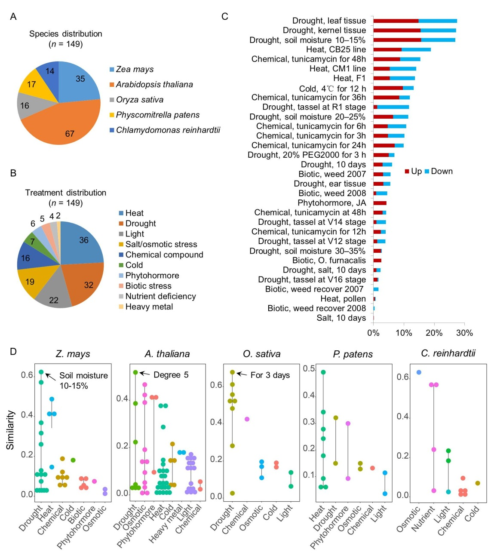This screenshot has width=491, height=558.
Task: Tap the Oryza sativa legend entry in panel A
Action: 140,100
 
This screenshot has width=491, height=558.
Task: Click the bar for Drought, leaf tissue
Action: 415,21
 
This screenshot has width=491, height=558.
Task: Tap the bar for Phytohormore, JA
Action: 380,203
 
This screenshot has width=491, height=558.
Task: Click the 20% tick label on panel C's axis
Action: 434,333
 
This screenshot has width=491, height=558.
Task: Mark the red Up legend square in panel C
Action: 407,172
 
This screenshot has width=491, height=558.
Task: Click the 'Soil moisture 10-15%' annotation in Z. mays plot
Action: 83,380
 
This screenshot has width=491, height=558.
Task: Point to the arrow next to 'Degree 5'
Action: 144,374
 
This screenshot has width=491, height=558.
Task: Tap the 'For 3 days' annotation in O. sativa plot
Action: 270,375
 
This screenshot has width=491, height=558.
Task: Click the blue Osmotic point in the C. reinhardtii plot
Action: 419,372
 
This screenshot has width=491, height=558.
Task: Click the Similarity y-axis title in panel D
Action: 10,430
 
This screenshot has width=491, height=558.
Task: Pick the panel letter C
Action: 224,16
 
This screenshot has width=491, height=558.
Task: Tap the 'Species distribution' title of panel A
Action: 66,34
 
